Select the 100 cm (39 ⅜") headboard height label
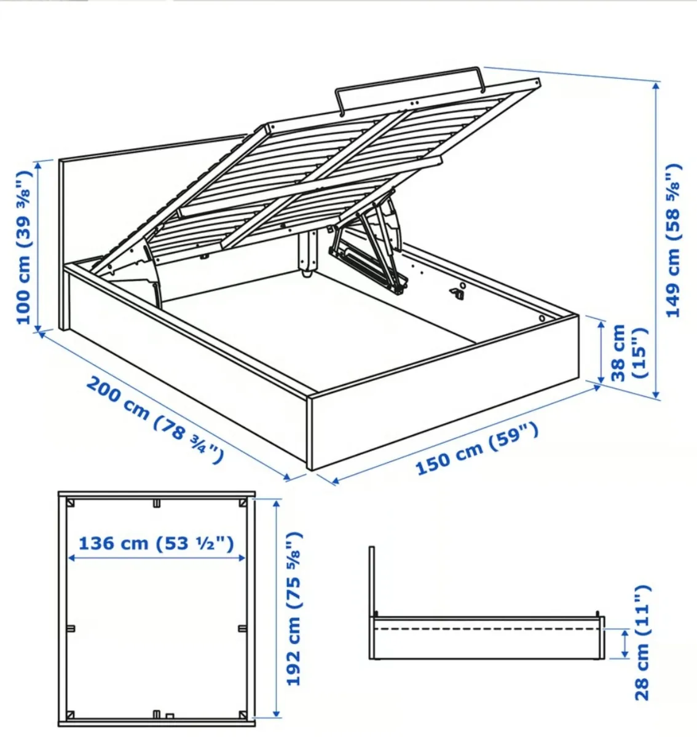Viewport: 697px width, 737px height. [23, 246]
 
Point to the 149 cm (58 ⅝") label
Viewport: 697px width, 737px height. [674, 240]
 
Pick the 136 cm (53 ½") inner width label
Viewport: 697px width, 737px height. [156, 544]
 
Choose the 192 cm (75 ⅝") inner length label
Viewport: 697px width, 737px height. [294, 609]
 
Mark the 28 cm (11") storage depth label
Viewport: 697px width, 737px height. [642, 642]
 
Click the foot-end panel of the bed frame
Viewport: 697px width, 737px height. [443, 393]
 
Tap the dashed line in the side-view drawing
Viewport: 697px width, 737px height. [486, 629]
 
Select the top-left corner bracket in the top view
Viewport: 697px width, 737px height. [71, 503]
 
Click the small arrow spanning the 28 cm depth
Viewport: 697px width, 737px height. [625, 644]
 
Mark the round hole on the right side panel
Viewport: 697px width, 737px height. [543, 318]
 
